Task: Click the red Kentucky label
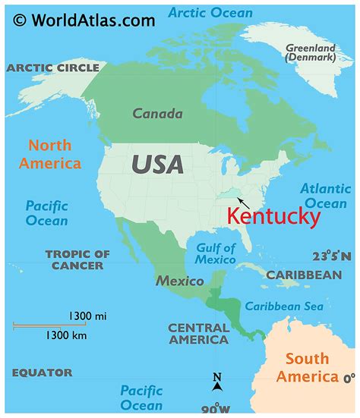pyautogui.click(x=273, y=217)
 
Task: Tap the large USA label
pyautogui.click(x=157, y=163)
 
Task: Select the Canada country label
pyautogui.click(x=157, y=114)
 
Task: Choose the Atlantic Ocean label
pyautogui.click(x=325, y=196)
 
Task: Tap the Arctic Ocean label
pyautogui.click(x=210, y=13)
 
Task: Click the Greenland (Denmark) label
pyautogui.click(x=310, y=53)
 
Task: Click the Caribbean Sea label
pyautogui.click(x=283, y=306)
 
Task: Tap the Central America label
pyautogui.click(x=198, y=334)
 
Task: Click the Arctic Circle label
pyautogui.click(x=52, y=68)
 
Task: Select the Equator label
pyautogui.click(x=42, y=372)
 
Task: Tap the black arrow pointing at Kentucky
pyautogui.click(x=243, y=201)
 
